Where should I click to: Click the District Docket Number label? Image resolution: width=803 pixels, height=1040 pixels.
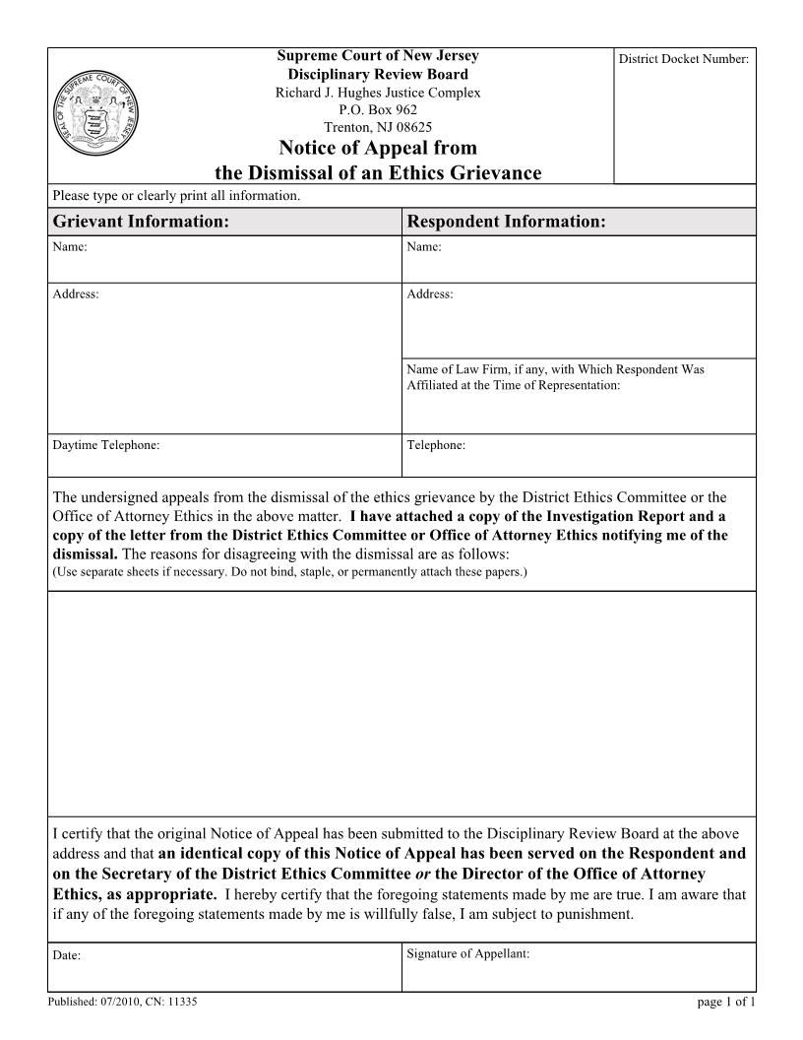tap(684, 59)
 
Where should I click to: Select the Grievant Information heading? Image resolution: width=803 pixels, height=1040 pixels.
tap(141, 222)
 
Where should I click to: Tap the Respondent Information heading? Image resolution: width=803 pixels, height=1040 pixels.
tap(506, 222)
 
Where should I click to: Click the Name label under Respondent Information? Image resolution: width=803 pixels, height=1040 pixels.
tap(423, 247)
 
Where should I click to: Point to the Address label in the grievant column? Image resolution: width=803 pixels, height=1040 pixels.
tap(75, 294)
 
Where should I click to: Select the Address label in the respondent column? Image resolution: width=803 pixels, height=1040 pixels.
tap(429, 294)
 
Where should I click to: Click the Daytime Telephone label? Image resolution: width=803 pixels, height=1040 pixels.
tap(105, 445)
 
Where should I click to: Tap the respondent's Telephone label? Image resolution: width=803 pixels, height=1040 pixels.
tap(436, 445)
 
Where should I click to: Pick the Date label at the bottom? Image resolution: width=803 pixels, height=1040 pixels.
tap(66, 955)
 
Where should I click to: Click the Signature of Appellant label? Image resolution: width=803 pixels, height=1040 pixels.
tap(468, 952)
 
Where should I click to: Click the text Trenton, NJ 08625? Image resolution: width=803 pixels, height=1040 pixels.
tap(378, 127)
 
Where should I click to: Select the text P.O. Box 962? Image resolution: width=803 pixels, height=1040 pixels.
tap(378, 110)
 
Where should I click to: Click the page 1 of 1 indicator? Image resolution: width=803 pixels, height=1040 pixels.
tap(725, 1002)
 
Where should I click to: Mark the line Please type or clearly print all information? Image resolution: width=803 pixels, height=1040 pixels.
tap(175, 196)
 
